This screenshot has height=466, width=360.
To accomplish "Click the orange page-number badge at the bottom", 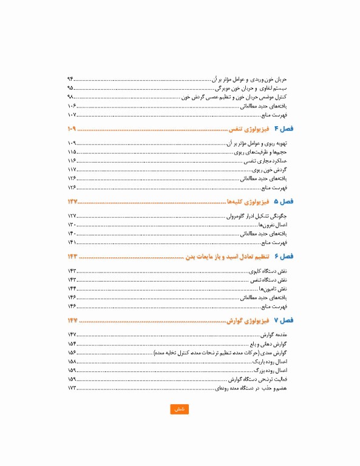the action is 179,409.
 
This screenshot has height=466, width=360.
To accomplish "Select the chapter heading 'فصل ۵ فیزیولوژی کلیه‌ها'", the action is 260,202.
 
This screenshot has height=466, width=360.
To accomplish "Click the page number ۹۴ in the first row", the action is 71,79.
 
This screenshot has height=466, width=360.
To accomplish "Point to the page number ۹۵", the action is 71,88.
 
